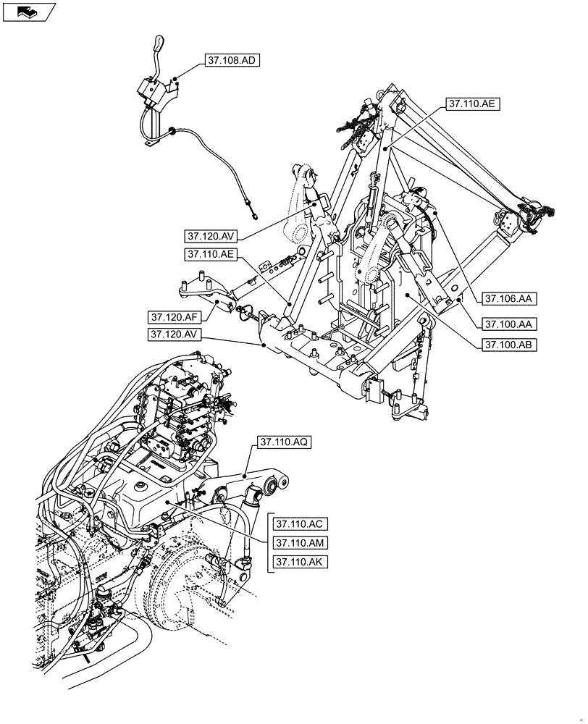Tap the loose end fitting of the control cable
point(253,212)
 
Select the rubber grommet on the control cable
point(172,131)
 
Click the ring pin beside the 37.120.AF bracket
point(246,312)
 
